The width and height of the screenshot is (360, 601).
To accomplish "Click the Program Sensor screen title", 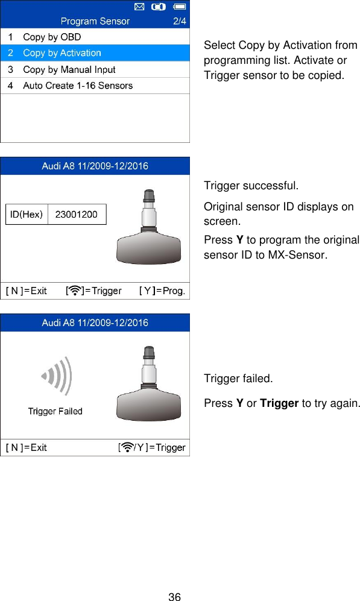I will click(x=95, y=21).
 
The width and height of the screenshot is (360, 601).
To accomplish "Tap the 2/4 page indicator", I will click(x=180, y=21).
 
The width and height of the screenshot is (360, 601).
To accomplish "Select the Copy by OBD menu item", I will click(x=52, y=37).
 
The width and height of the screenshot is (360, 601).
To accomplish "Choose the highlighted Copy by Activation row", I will click(x=62, y=53).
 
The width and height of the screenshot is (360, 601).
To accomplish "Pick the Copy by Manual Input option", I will click(x=69, y=69).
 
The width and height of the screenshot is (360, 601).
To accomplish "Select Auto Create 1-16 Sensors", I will click(x=77, y=86).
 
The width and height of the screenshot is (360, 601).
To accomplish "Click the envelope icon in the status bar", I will click(x=138, y=7).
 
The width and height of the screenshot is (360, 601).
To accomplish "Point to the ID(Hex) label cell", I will click(x=27, y=214).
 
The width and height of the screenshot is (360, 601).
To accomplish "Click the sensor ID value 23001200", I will click(x=76, y=214).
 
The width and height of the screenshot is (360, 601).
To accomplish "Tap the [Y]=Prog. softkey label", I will click(x=162, y=291).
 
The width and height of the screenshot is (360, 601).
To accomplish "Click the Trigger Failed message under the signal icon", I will click(x=55, y=411).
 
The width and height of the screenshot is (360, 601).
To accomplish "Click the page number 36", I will click(x=174, y=597).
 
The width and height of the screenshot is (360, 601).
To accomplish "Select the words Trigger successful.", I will click(x=250, y=184).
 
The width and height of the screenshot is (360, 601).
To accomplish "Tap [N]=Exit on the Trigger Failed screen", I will click(x=27, y=447).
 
